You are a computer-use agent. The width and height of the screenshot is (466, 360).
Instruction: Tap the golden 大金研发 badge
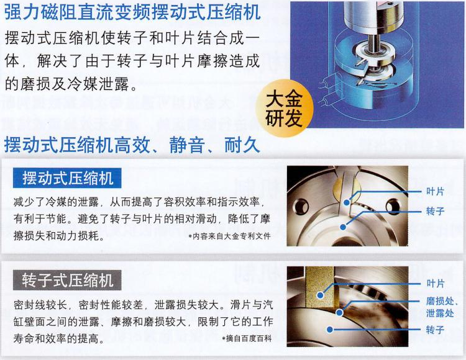pos(284,109)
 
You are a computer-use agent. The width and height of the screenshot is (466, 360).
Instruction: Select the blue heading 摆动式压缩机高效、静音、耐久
pos(132,145)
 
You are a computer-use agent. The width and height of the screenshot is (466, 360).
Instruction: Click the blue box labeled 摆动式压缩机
pos(67,178)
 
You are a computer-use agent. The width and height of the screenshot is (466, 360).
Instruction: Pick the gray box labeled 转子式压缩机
pos(67,280)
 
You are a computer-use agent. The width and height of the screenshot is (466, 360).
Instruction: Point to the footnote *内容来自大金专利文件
pos(229,236)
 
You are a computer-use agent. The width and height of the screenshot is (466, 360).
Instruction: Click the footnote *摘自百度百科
pos(247,338)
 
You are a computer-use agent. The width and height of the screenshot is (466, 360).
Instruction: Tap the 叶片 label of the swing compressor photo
pos(435,191)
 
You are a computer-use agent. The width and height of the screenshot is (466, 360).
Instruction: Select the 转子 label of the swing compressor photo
pos(435,211)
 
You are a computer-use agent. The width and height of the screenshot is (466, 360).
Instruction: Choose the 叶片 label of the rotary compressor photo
pos(436,284)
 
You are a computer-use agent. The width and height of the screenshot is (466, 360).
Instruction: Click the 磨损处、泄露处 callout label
pos(440,307)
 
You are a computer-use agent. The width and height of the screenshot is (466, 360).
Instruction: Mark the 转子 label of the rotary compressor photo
pos(435,330)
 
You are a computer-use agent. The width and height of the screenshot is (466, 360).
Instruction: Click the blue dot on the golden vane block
pos(320,295)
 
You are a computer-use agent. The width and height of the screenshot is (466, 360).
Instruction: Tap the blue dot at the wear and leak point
pos(339,312)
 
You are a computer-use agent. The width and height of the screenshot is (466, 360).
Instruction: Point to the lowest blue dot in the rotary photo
pos(329,330)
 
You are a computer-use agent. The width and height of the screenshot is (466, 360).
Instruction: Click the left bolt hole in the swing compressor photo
pos(301,205)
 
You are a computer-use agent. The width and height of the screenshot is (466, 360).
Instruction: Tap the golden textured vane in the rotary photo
pos(320,287)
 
